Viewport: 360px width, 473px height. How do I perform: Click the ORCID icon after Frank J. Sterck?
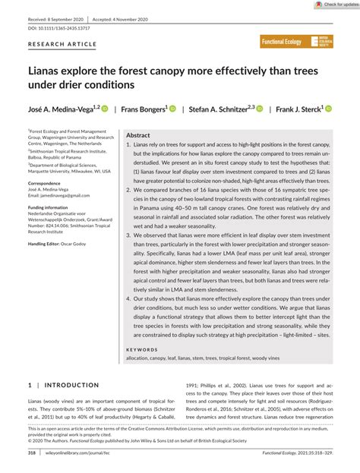[329, 109]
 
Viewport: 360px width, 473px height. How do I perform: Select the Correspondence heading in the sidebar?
[49, 183]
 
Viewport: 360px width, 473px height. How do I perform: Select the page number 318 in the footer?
[32, 453]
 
